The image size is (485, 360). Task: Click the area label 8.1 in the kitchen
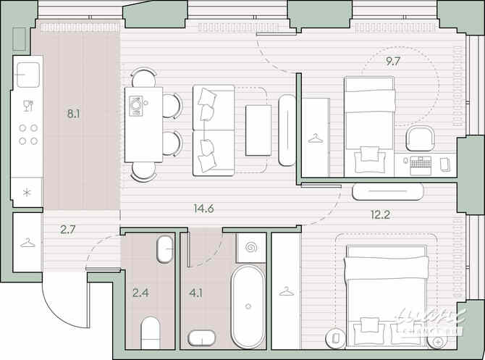click(74, 113)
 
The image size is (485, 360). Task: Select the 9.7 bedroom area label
click(393, 61)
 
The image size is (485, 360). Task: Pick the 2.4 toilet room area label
click(140, 293)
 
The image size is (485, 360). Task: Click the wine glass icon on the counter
click(28, 106)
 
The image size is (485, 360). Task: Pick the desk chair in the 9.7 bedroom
click(421, 138)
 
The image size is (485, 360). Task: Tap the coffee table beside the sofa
click(258, 130)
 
